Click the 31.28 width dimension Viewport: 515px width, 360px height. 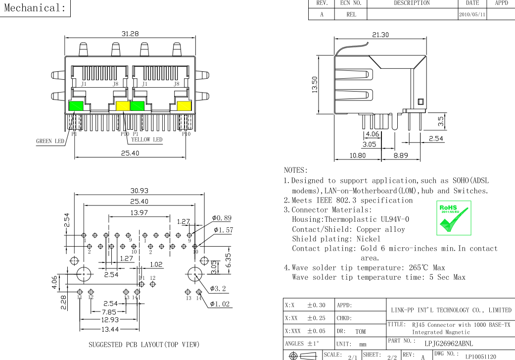pyautogui.click(x=130, y=34)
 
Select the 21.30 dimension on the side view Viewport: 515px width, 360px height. pyautogui.click(x=380, y=35)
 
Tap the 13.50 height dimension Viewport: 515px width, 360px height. pyautogui.click(x=315, y=85)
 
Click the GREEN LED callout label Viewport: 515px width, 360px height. pyautogui.click(x=50, y=141)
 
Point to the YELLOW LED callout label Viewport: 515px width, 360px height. pyautogui.click(x=147, y=140)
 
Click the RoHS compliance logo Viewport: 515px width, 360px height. pyautogui.click(x=454, y=218)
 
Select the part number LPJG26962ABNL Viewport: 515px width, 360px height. pyautogui.click(x=449, y=344)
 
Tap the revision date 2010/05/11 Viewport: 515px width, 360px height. pyautogui.click(x=472, y=14)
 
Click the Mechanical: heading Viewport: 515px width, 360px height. pyautogui.click(x=35, y=7)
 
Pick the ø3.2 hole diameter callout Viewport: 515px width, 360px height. pyautogui.click(x=218, y=289)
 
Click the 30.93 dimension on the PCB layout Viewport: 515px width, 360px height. pyautogui.click(x=139, y=191)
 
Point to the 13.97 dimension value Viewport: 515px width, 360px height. pyautogui.click(x=139, y=213)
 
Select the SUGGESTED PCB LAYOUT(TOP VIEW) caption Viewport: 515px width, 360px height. pyautogui.click(x=144, y=345)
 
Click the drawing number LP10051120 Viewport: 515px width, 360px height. pyautogui.click(x=480, y=357)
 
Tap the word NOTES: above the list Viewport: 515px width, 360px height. pyautogui.click(x=296, y=170)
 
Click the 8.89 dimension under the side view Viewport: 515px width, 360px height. pyautogui.click(x=401, y=155)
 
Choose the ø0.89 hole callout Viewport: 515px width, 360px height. pyautogui.click(x=222, y=218)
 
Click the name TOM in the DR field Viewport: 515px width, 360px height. pyautogui.click(x=360, y=331)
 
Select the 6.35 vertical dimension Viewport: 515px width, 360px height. pyautogui.click(x=228, y=260)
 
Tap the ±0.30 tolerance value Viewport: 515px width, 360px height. pyautogui.click(x=316, y=306)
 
